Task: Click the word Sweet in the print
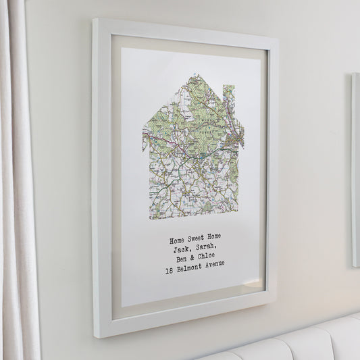pyautogui.click(x=196, y=237)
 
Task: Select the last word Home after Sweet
pyautogui.click(x=214, y=236)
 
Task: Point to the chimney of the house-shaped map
pyautogui.click(x=229, y=94)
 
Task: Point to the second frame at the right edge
pyautogui.click(x=355, y=169)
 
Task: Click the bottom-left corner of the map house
pyautogui.click(x=150, y=217)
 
